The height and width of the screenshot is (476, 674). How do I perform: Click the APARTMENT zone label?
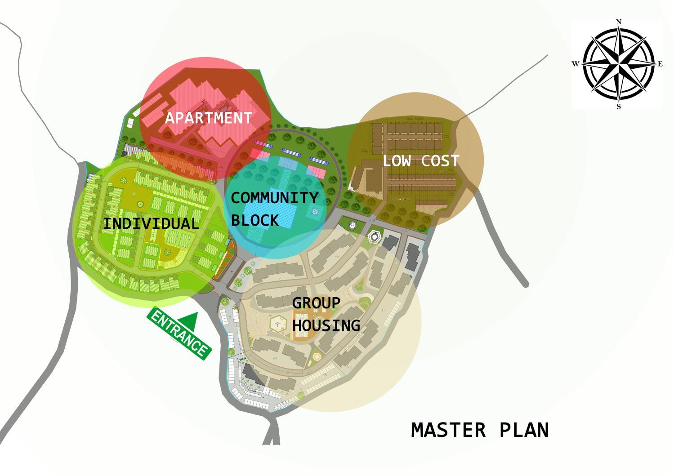208,118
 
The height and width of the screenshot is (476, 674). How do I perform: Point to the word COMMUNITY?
274,198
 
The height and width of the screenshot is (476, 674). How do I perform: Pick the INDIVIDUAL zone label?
151,224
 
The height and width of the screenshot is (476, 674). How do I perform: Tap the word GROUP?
316,303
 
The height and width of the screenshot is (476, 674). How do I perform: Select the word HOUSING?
326,325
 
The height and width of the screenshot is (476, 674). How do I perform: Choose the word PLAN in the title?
524,430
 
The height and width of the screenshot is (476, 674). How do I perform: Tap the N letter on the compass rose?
619,22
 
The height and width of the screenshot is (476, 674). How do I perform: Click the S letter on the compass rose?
619,107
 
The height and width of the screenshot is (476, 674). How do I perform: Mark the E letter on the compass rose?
660,64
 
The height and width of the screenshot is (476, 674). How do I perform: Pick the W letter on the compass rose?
575,64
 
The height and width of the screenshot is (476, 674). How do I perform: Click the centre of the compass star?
619,63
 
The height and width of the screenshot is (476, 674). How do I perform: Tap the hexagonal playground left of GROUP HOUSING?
278,323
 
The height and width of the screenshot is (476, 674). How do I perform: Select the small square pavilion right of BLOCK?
314,212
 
